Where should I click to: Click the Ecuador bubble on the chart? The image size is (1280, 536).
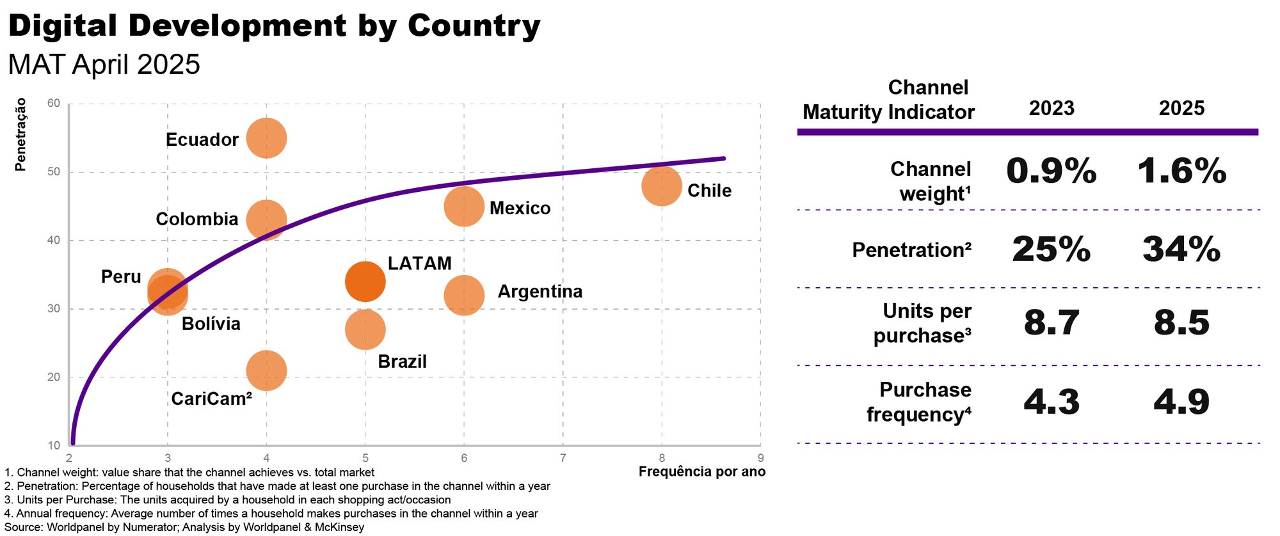[266, 138]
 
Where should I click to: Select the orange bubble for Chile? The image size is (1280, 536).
[661, 186]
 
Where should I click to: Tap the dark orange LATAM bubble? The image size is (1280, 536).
[365, 281]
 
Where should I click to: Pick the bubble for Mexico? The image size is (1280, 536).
[463, 206]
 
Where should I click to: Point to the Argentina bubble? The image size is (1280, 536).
[463, 295]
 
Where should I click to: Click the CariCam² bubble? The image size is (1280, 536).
[266, 370]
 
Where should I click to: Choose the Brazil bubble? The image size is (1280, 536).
[365, 330]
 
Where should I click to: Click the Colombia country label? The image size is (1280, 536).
[197, 219]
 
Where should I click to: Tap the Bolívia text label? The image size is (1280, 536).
[211, 324]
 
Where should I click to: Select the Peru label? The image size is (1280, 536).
[121, 277]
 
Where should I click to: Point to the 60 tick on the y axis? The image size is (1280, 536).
[54, 104]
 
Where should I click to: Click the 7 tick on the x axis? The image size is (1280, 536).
[563, 458]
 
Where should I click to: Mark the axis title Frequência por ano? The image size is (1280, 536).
[701, 472]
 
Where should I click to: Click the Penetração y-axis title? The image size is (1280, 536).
[20, 134]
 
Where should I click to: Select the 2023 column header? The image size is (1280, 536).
[1052, 108]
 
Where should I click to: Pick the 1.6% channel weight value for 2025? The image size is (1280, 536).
[1181, 171]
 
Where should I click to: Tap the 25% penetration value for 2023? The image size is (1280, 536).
[1052, 249]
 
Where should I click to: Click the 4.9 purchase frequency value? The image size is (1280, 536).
[1181, 402]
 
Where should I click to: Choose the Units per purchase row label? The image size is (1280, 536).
[922, 323]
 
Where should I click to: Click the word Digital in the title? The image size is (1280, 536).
[63, 26]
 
